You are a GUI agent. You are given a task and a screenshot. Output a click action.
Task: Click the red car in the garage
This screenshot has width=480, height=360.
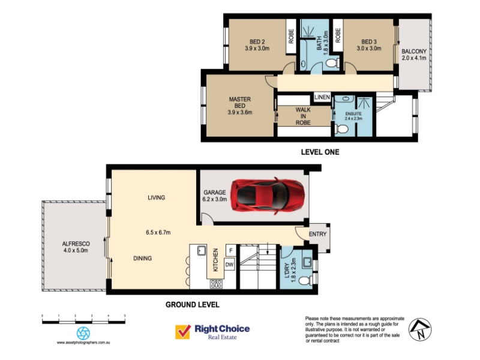coord(268,196)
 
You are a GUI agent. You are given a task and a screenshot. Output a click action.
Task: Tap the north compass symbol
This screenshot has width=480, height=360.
coord(419,329)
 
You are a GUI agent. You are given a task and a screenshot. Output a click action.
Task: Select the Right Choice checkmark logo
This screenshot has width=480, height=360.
coord(183,332)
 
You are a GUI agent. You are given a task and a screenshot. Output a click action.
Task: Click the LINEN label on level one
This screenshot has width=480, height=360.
coord(322,97)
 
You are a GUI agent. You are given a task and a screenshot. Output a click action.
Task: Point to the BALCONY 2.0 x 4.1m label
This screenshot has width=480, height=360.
coord(414,55)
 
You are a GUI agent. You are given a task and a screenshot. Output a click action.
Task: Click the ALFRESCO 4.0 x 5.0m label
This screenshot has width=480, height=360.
coord(76,247)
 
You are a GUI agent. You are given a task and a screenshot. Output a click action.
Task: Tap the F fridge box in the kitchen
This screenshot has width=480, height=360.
coord(231,250)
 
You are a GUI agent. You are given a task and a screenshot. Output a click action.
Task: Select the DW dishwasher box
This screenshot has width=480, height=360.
coord(229,265)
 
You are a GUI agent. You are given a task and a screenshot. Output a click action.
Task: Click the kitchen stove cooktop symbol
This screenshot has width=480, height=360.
coord(216,284)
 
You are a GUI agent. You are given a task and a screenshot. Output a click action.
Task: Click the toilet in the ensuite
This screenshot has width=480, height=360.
coord(341,129)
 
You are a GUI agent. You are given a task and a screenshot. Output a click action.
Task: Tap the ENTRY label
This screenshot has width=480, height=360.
coord(318,234)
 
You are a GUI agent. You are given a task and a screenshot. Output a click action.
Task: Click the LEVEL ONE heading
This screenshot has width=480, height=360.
coord(320,152)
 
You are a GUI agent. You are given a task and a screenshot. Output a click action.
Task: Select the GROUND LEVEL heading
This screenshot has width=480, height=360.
coord(193,305)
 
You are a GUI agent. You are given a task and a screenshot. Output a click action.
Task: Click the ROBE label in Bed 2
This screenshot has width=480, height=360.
coord(291,36)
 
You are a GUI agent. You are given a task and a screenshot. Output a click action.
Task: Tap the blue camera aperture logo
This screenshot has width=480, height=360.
coord(83,333)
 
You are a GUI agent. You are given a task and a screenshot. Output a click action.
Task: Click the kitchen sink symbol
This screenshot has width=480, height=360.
coord(202,251)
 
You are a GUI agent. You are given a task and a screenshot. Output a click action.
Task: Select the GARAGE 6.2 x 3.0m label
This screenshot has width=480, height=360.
coord(215,196)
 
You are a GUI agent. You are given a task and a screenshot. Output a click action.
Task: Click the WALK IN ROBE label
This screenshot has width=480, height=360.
coord(303,116)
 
